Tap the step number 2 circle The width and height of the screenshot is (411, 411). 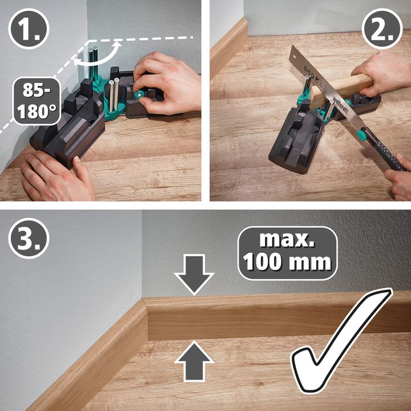coord(382,29)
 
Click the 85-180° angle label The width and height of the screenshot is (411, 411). coord(40,102)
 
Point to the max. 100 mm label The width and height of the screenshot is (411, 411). coord(287,253)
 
